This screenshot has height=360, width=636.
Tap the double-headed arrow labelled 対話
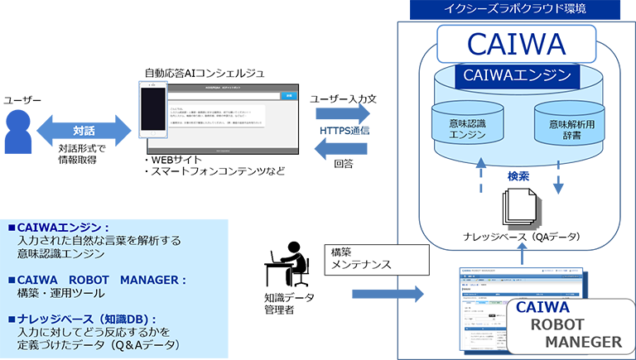tap(83, 130)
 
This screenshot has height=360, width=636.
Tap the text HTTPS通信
tap(344, 131)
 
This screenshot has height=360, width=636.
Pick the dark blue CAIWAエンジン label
tap(517, 75)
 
